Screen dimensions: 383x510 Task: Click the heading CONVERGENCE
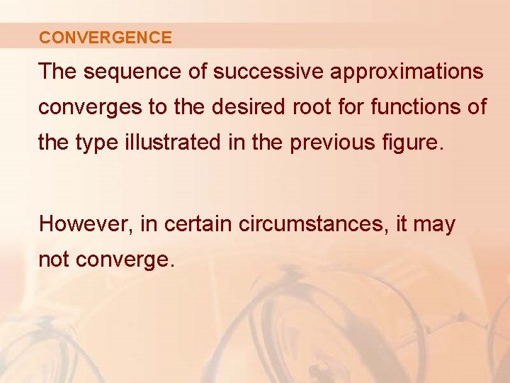pos(106,38)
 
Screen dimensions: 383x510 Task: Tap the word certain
pos(198,224)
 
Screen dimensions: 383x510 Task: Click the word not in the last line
pos(53,260)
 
